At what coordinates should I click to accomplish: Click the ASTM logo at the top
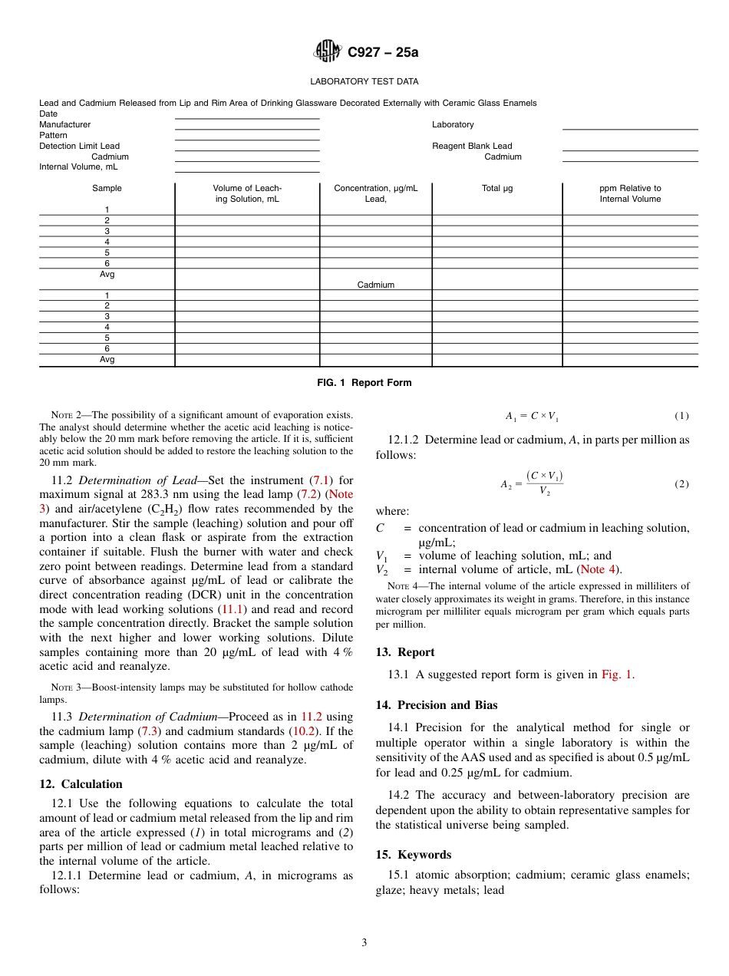329,52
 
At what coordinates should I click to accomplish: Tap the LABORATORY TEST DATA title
364,81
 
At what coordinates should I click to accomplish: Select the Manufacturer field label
64,124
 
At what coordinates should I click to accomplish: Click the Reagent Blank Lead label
471,146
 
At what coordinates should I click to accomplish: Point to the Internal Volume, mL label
78,167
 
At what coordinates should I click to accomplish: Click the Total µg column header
496,188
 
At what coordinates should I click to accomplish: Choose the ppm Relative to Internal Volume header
629,193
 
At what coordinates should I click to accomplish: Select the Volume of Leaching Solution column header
247,193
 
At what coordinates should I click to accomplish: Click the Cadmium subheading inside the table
375,285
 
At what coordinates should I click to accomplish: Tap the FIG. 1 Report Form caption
364,383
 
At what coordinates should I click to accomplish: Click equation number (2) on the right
681,484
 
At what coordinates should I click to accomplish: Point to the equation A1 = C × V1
532,416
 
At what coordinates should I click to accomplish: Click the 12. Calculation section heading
81,784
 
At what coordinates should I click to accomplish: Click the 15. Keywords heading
413,855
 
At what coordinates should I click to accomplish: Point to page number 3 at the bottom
364,943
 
